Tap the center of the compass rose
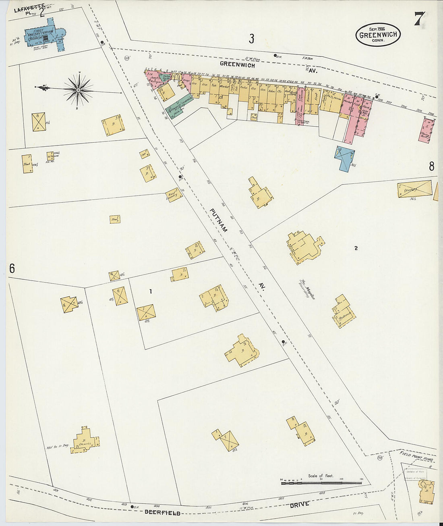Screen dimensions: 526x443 coord(79,90)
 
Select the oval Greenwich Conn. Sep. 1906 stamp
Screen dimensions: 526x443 coord(378,35)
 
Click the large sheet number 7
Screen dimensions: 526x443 coord(419,19)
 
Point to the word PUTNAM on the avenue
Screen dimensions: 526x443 coord(219,220)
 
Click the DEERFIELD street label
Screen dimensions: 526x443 coord(162,512)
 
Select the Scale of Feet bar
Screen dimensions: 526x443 coord(321,482)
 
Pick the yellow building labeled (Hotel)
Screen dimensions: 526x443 coord(415,189)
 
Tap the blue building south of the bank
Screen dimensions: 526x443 coord(345,158)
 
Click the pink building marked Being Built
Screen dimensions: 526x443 coord(426,130)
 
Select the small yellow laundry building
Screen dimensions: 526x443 coord(174,195)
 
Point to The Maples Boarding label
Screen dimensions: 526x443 coord(306,289)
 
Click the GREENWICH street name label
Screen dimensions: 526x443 coord(237,64)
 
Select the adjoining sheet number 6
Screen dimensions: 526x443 coord(12,268)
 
